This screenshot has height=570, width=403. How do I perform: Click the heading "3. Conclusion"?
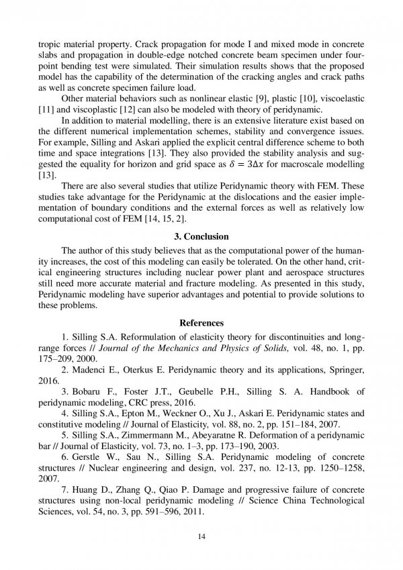(x=201, y=236)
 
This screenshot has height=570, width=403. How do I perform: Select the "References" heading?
(x=201, y=323)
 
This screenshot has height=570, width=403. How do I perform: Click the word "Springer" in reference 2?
(x=347, y=369)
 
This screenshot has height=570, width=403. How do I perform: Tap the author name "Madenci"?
(x=93, y=369)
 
